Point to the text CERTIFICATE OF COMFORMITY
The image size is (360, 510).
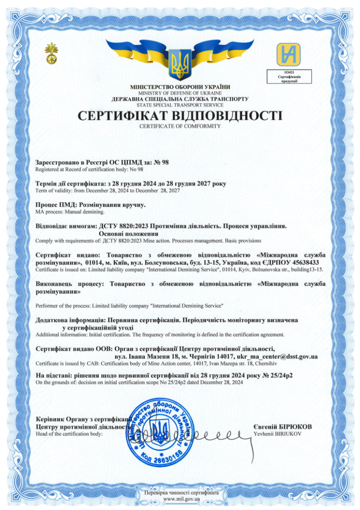click(x=180, y=126)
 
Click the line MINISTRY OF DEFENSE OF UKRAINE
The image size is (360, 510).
click(x=180, y=93)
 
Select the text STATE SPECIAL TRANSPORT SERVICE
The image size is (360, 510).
click(x=180, y=105)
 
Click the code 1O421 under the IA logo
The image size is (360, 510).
click(x=289, y=72)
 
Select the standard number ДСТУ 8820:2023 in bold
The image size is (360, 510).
click(x=127, y=226)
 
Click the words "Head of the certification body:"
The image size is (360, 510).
click(x=69, y=434)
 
